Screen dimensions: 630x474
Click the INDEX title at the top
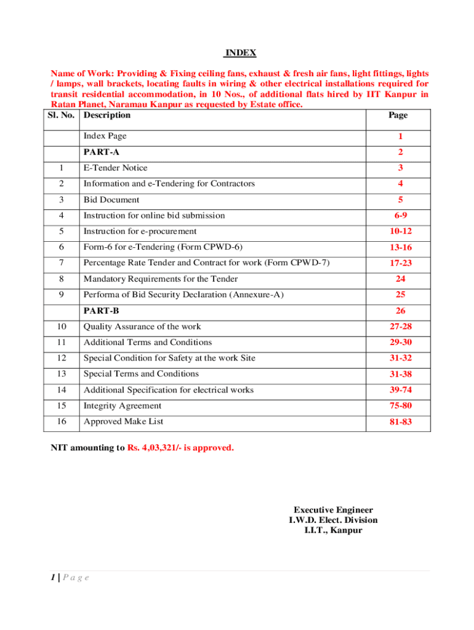pyautogui.click(x=239, y=53)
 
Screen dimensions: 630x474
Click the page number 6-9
pyautogui.click(x=400, y=216)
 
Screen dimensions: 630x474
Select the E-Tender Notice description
pyautogui.click(x=116, y=167)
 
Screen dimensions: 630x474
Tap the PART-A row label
pyautogui.click(x=102, y=152)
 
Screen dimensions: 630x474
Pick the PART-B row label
pyautogui.click(x=102, y=311)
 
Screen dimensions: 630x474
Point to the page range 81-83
pyautogui.click(x=400, y=423)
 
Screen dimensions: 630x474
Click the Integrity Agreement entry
pyautogui.click(x=123, y=405)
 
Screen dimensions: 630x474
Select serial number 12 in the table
pyautogui.click(x=61, y=358)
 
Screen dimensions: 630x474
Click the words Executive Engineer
pyautogui.click(x=333, y=510)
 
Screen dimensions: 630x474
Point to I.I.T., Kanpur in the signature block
pyautogui.click(x=333, y=530)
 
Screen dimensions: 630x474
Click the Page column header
pyautogui.click(x=398, y=115)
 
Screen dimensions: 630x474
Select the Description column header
pyautogui.click(x=107, y=115)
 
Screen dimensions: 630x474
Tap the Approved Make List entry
pyautogui.click(x=124, y=421)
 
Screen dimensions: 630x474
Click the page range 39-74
pyautogui.click(x=400, y=391)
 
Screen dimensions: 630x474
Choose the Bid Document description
pyautogui.click(x=111, y=199)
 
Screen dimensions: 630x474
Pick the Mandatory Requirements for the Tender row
pyautogui.click(x=161, y=279)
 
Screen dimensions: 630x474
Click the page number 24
pyautogui.click(x=400, y=279)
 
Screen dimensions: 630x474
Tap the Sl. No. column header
pyautogui.click(x=63, y=115)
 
